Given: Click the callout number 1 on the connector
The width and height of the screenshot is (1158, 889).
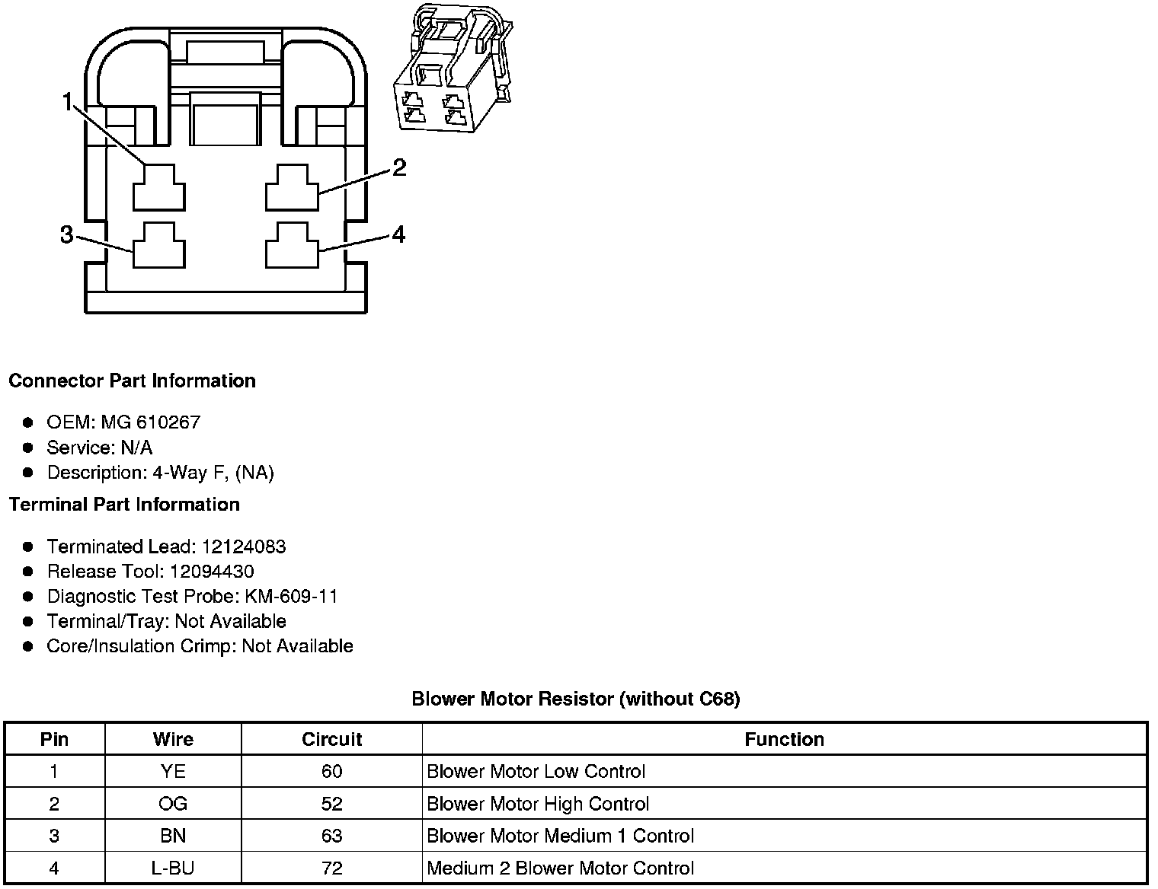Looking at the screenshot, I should pyautogui.click(x=68, y=102).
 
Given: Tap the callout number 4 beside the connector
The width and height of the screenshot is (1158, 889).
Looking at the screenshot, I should pyautogui.click(x=398, y=234).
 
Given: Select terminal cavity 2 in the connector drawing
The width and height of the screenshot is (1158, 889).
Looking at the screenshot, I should pyautogui.click(x=292, y=187).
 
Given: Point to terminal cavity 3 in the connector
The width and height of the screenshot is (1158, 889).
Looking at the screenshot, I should pyautogui.click(x=159, y=245).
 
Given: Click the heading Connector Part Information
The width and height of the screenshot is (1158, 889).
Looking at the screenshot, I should pyautogui.click(x=132, y=381).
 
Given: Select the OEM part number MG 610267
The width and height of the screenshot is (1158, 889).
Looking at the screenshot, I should pyautogui.click(x=150, y=422).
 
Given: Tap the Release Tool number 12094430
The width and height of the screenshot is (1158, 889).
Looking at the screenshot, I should pyautogui.click(x=212, y=572).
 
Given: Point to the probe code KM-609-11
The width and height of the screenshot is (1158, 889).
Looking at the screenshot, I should pyautogui.click(x=291, y=596).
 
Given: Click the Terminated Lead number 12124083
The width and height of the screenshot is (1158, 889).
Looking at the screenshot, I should pyautogui.click(x=243, y=546).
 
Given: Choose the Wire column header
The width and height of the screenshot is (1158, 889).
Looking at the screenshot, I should pyautogui.click(x=173, y=739).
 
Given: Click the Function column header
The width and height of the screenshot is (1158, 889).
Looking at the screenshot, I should pyautogui.click(x=784, y=739).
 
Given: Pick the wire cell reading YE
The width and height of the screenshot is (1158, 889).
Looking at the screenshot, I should pyautogui.click(x=173, y=772).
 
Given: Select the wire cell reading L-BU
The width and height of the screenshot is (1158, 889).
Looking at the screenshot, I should pyautogui.click(x=173, y=868).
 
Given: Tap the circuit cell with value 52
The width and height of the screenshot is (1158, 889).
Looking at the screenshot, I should pyautogui.click(x=331, y=804).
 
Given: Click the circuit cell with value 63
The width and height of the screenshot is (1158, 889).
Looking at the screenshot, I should pyautogui.click(x=331, y=836).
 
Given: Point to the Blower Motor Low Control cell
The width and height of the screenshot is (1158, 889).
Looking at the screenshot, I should pyautogui.click(x=536, y=772).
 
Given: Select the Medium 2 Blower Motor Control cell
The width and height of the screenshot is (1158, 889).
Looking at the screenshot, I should pyautogui.click(x=560, y=868).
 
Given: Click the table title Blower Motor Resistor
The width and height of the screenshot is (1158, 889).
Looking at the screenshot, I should pyautogui.click(x=575, y=699).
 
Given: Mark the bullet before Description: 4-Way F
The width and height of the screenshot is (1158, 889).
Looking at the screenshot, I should pyautogui.click(x=28, y=473).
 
